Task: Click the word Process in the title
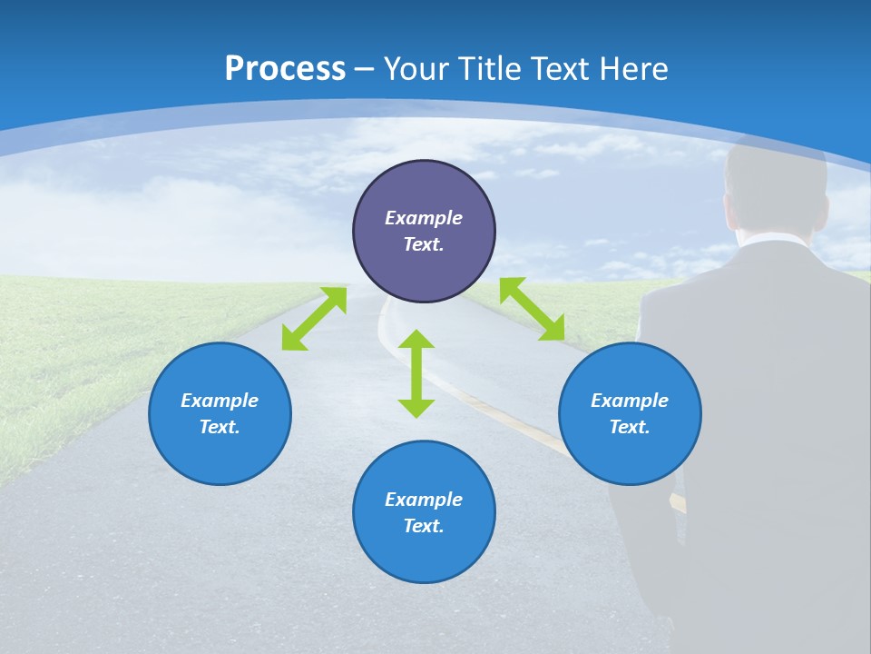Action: click(285, 69)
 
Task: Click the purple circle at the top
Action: click(424, 191)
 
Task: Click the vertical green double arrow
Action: click(416, 373)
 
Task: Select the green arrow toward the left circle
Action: click(314, 319)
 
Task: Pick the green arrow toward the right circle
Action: click(533, 309)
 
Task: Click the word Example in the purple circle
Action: click(424, 218)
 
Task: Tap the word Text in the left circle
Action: click(220, 427)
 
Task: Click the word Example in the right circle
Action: click(630, 401)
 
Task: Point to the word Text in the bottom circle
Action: click(424, 526)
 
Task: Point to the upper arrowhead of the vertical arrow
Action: click(416, 340)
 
